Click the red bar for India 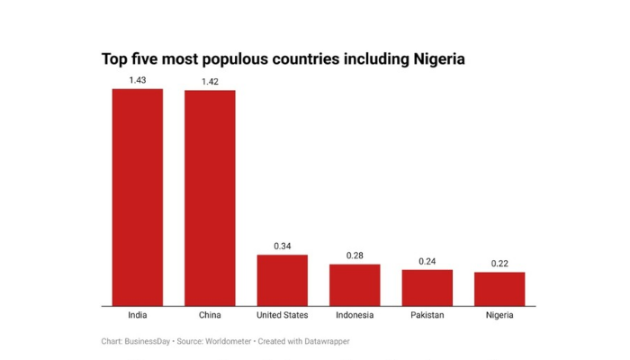coord(137,197)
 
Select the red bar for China coord(210,198)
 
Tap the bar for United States coord(283,280)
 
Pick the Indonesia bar coord(355,284)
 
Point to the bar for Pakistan coord(427,287)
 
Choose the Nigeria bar coord(499,289)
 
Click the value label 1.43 coord(137,80)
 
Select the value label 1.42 coord(210,82)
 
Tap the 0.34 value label coord(283,247)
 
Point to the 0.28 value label coord(355,256)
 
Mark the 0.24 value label coord(427,261)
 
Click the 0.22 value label coord(499,264)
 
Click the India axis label coord(137,315)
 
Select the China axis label coord(210,315)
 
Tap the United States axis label coord(283,315)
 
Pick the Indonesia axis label coord(355,315)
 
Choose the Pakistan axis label coord(427,315)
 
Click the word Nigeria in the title coord(438,59)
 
